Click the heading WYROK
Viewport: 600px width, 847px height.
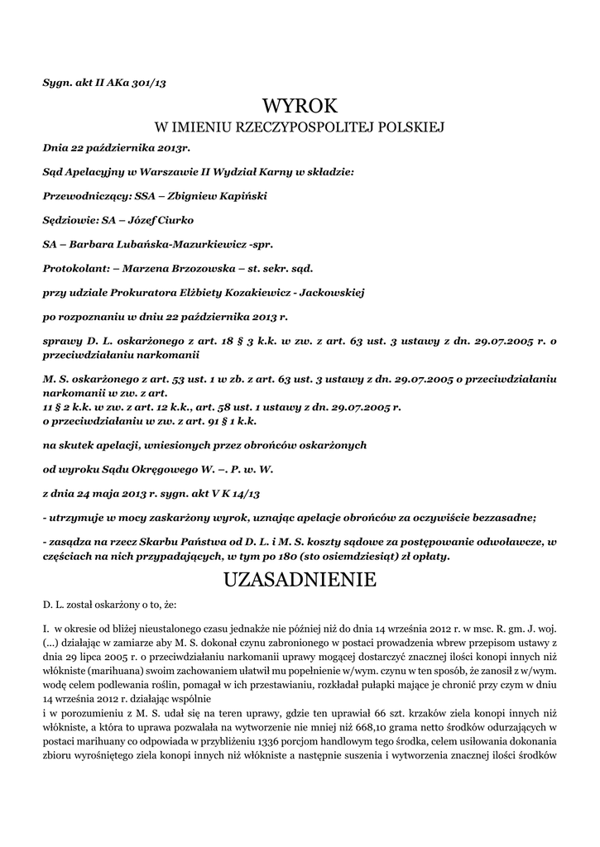click(x=300, y=105)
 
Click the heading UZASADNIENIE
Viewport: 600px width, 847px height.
click(x=300, y=581)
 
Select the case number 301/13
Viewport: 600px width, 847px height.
click(x=159, y=82)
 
